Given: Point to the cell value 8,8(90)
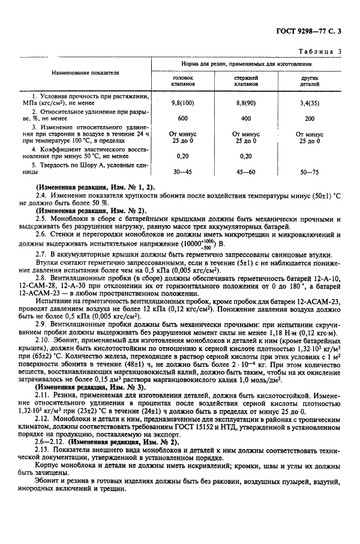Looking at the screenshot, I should tap(246, 103).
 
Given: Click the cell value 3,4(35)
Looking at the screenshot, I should tap(310, 103).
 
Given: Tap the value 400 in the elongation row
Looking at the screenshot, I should tap(246, 118).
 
